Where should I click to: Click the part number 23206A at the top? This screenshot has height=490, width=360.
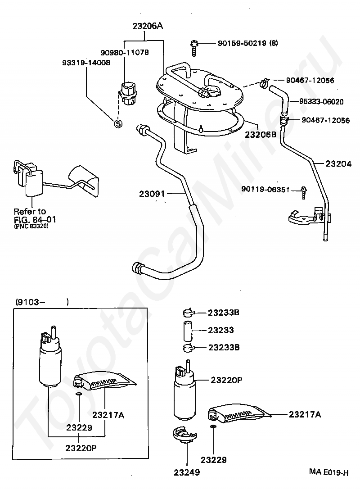tap(148, 26)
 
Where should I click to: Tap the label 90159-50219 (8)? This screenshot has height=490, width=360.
tap(247, 43)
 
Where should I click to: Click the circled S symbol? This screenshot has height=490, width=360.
tap(118, 124)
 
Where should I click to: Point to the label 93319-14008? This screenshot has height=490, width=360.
tap(86, 63)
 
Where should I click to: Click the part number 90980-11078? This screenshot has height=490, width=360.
tap(125, 52)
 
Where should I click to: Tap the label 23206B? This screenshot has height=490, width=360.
tap(261, 135)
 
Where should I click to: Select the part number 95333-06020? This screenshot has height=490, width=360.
tap(321, 102)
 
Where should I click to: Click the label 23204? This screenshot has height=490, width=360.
tap(338, 164)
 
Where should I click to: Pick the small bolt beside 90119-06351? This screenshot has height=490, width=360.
tap(304, 192)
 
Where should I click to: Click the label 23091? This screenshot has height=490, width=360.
tap(152, 194)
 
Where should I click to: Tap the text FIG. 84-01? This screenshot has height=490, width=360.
tap(35, 220)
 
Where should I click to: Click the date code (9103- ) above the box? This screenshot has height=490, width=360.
tap(42, 302)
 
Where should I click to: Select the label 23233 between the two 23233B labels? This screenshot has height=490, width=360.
tap(221, 330)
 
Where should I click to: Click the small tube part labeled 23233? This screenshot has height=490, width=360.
tap(188, 331)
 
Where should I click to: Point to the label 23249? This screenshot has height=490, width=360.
tap(187, 472)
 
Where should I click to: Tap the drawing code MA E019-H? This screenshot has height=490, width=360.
tap(328, 472)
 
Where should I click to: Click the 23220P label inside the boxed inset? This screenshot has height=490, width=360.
tap(81, 448)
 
